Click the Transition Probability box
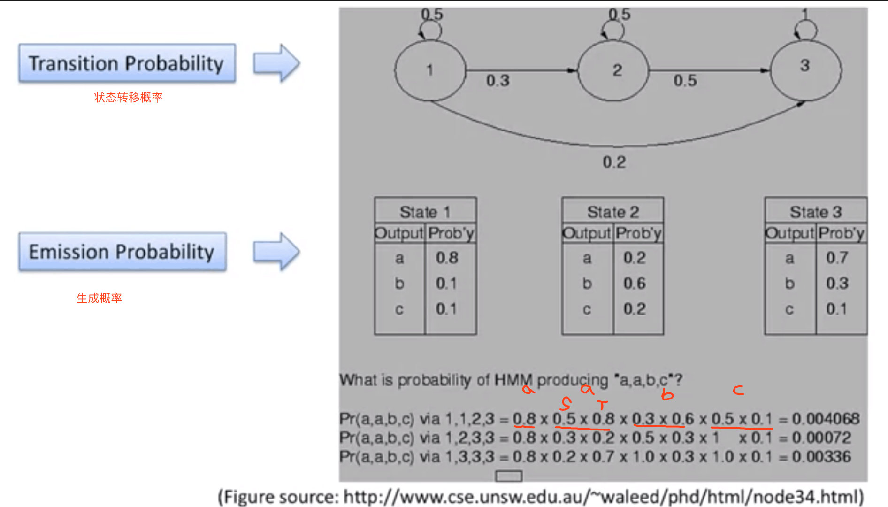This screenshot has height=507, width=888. pyautogui.click(x=127, y=63)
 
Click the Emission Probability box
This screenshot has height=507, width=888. pyautogui.click(x=122, y=252)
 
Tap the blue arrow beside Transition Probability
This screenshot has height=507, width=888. pyautogui.click(x=276, y=63)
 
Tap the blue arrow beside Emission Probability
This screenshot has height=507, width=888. pyautogui.click(x=276, y=252)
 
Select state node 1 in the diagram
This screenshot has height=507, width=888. pyautogui.click(x=430, y=70)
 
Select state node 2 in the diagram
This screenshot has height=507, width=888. pyautogui.click(x=613, y=70)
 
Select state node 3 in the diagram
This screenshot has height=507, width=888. pyautogui.click(x=805, y=69)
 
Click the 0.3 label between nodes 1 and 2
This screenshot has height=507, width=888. pyautogui.click(x=498, y=81)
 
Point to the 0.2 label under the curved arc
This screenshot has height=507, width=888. pyautogui.click(x=614, y=162)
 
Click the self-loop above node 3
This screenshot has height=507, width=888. pyautogui.click(x=806, y=29)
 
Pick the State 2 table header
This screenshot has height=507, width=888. pyautogui.click(x=612, y=212)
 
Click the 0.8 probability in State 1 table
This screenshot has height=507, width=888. pyautogui.click(x=446, y=258)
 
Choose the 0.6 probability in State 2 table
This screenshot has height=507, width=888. pyautogui.click(x=634, y=284)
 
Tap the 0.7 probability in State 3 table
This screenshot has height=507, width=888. pyautogui.click(x=837, y=258)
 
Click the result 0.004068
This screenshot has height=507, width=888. pyautogui.click(x=826, y=419)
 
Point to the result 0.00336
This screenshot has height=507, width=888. pyautogui.click(x=821, y=457)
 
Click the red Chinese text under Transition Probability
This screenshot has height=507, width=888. pyautogui.click(x=128, y=98)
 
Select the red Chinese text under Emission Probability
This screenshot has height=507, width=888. pyautogui.click(x=99, y=298)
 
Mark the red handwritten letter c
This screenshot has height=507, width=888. pyautogui.click(x=738, y=390)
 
